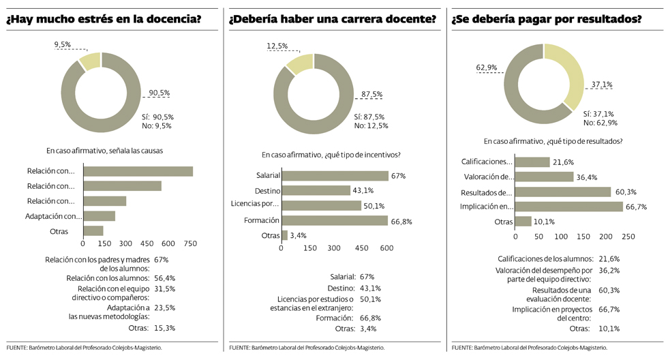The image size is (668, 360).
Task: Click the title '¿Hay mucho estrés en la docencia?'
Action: [x=104, y=19]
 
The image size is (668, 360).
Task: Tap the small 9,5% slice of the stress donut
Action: [x=89, y=61]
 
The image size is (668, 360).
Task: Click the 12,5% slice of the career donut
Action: [x=298, y=63]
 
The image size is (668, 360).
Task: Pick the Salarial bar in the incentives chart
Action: [x=335, y=176]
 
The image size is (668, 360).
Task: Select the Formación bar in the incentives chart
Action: [x=335, y=220]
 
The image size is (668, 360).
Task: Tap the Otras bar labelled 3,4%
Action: [x=284, y=235]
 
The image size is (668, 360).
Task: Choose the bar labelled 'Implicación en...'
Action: [x=568, y=207]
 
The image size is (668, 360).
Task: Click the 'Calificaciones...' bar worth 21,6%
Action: [x=532, y=162]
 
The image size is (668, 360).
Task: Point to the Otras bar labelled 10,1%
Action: [x=523, y=222]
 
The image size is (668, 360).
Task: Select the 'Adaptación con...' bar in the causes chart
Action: [x=99, y=216]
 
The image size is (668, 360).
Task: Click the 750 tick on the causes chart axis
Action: [x=189, y=243]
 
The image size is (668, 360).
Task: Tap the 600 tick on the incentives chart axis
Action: [x=386, y=248]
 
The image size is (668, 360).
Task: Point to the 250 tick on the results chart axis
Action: [x=628, y=236]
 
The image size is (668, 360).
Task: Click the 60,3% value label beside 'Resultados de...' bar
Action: [x=625, y=192]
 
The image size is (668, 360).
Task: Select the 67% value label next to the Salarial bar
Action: [x=398, y=176]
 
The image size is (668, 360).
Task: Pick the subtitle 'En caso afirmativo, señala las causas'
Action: [x=104, y=150]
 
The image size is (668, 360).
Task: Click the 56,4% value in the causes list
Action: [x=165, y=278]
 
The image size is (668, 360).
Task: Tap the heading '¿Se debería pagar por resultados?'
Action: [x=546, y=19]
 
